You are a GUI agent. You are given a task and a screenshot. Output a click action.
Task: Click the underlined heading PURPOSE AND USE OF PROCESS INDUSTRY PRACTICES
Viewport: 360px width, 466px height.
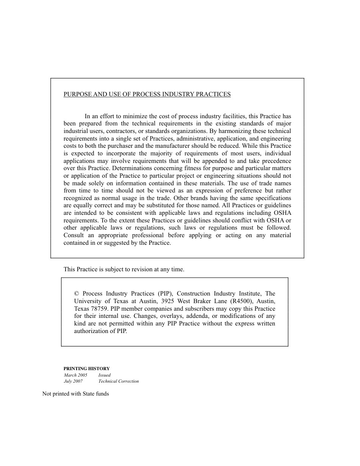click(147, 94)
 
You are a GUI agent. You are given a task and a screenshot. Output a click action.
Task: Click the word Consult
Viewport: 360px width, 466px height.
click(74, 235)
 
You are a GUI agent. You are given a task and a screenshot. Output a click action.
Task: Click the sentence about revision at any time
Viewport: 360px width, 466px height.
click(124, 269)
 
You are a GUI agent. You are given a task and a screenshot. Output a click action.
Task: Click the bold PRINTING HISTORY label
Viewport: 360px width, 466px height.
click(86, 368)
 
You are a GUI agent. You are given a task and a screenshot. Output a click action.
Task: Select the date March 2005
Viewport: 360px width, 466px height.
click(75, 375)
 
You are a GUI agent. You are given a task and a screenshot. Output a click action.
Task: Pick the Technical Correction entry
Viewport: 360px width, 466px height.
click(119, 382)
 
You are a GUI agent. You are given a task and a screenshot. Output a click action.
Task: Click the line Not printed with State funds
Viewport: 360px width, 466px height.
click(75, 394)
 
